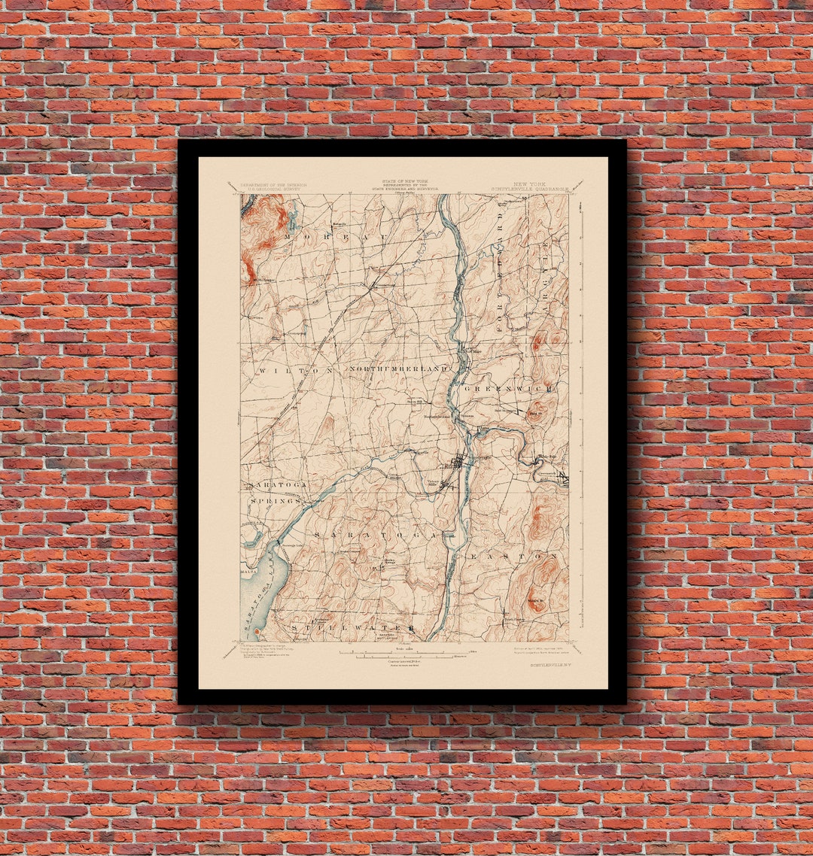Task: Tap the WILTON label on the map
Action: click(296, 371)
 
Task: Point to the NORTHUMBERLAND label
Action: click(399, 369)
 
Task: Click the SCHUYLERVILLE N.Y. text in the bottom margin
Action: click(549, 665)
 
